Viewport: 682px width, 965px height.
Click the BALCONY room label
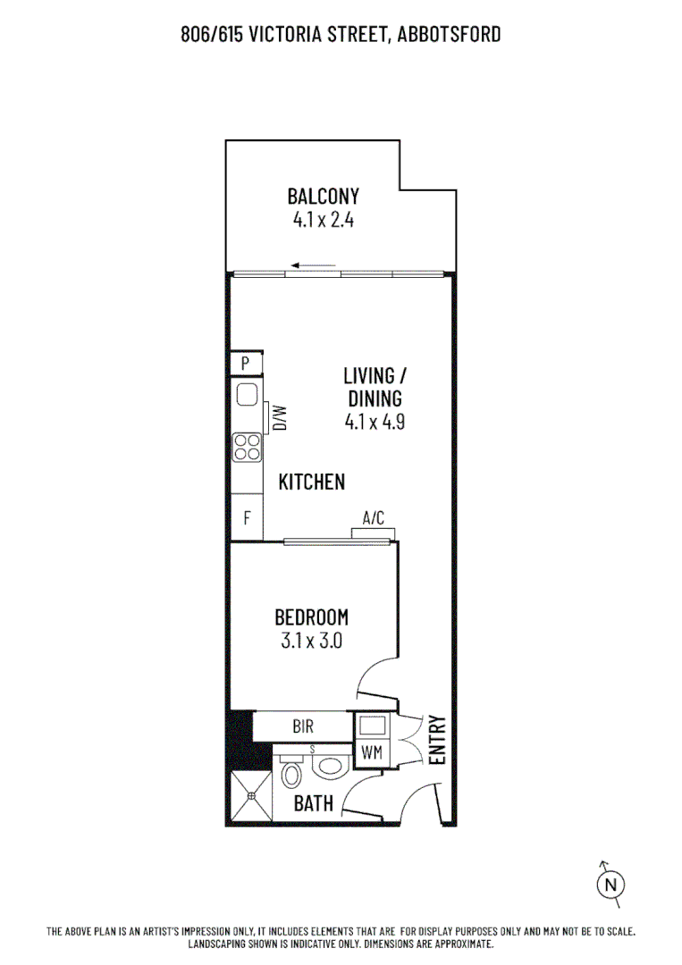tap(323, 196)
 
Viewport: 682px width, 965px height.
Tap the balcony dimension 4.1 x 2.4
tap(323, 220)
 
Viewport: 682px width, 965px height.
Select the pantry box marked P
tap(247, 364)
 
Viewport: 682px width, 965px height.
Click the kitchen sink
tap(248, 395)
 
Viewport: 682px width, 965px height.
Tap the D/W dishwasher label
tap(279, 417)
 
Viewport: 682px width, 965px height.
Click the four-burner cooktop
tap(248, 447)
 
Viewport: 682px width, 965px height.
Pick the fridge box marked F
tap(248, 518)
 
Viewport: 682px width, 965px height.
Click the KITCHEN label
tap(311, 482)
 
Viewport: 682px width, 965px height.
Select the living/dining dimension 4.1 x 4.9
tap(375, 423)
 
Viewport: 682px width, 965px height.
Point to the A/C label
tap(373, 517)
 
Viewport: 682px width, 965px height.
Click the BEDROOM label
tap(311, 617)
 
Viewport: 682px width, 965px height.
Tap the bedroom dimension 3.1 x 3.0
tap(310, 640)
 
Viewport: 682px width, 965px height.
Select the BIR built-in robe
tap(302, 726)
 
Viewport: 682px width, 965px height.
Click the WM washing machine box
tap(372, 752)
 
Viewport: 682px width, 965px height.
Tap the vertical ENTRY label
tap(437, 739)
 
